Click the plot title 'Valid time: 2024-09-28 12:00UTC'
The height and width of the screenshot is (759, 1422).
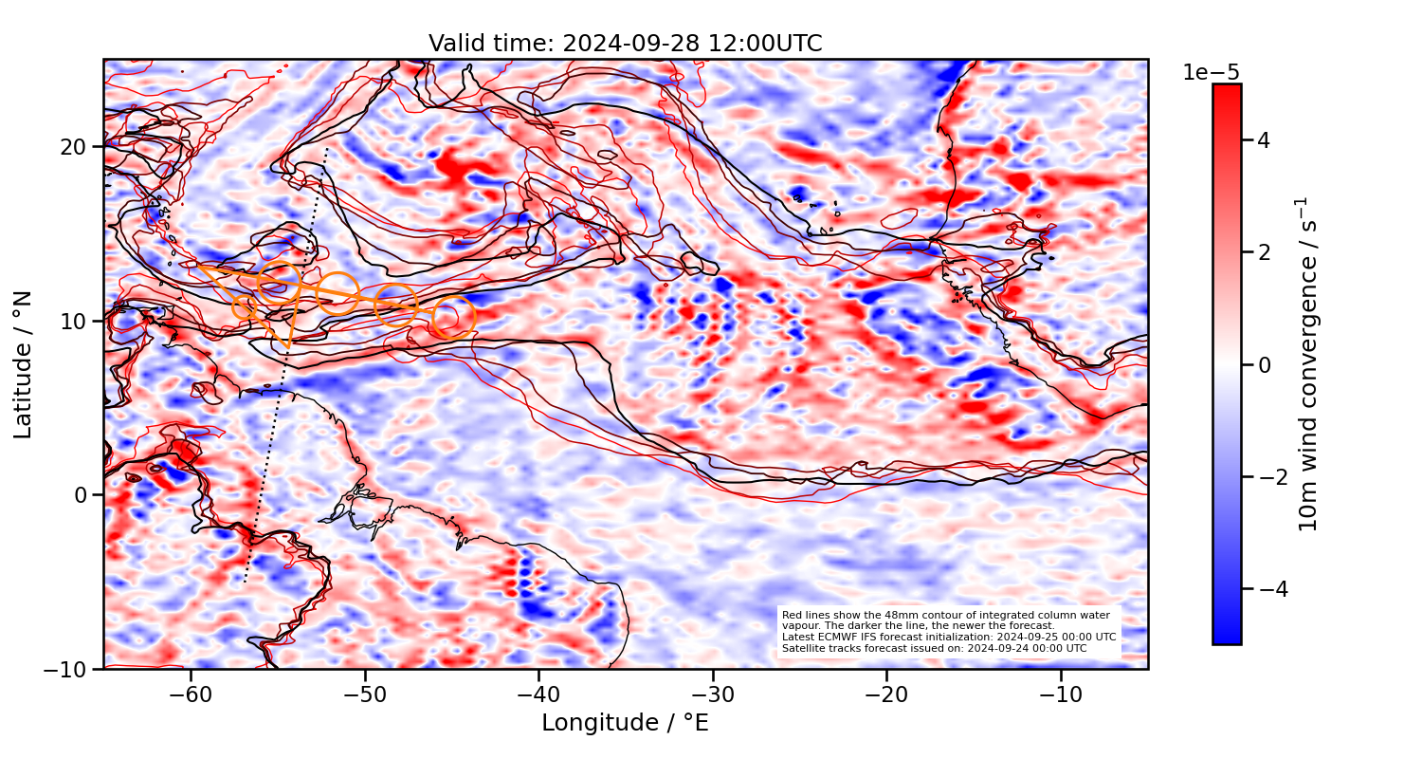click(625, 44)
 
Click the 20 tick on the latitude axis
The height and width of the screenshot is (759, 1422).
click(76, 147)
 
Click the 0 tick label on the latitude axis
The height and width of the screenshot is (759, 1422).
click(82, 495)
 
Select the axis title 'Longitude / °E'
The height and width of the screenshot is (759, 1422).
click(625, 723)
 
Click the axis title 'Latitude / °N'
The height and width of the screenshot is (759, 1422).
click(24, 365)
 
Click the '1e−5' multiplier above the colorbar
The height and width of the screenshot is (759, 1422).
click(1211, 73)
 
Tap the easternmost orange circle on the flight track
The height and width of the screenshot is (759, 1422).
click(453, 318)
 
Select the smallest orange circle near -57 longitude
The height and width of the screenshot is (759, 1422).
click(244, 306)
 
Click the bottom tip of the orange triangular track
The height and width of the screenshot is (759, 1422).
click(288, 347)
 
